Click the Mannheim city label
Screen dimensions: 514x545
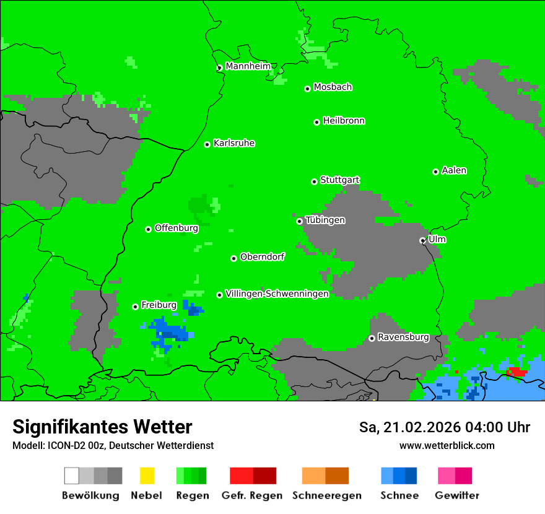pyautogui.click(x=248, y=66)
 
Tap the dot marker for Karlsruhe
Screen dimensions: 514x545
pyautogui.click(x=207, y=144)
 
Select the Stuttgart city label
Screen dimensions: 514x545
pyautogui.click(x=340, y=180)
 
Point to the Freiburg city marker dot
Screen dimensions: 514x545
pyautogui.click(x=135, y=307)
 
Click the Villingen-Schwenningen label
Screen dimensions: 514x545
pyautogui.click(x=277, y=294)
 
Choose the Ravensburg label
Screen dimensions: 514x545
pyautogui.click(x=403, y=338)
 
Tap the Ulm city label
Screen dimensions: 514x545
pyautogui.click(x=437, y=239)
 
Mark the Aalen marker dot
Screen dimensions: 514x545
pyautogui.click(x=435, y=172)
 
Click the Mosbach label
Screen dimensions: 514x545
pyautogui.click(x=333, y=87)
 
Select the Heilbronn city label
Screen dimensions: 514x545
pyautogui.click(x=344, y=121)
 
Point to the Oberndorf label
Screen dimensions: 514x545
pyautogui.click(x=263, y=256)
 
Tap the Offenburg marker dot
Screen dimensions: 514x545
pyautogui.click(x=148, y=229)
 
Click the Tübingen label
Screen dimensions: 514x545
pyautogui.click(x=325, y=220)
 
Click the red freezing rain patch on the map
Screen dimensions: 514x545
pyautogui.click(x=516, y=372)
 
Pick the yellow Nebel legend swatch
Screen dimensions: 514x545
pyautogui.click(x=147, y=476)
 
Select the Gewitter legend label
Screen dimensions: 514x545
pyautogui.click(x=456, y=495)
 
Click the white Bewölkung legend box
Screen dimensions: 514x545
pyautogui.click(x=72, y=476)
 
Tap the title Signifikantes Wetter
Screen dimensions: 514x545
pyautogui.click(x=102, y=427)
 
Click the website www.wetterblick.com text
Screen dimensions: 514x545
pyautogui.click(x=447, y=445)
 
